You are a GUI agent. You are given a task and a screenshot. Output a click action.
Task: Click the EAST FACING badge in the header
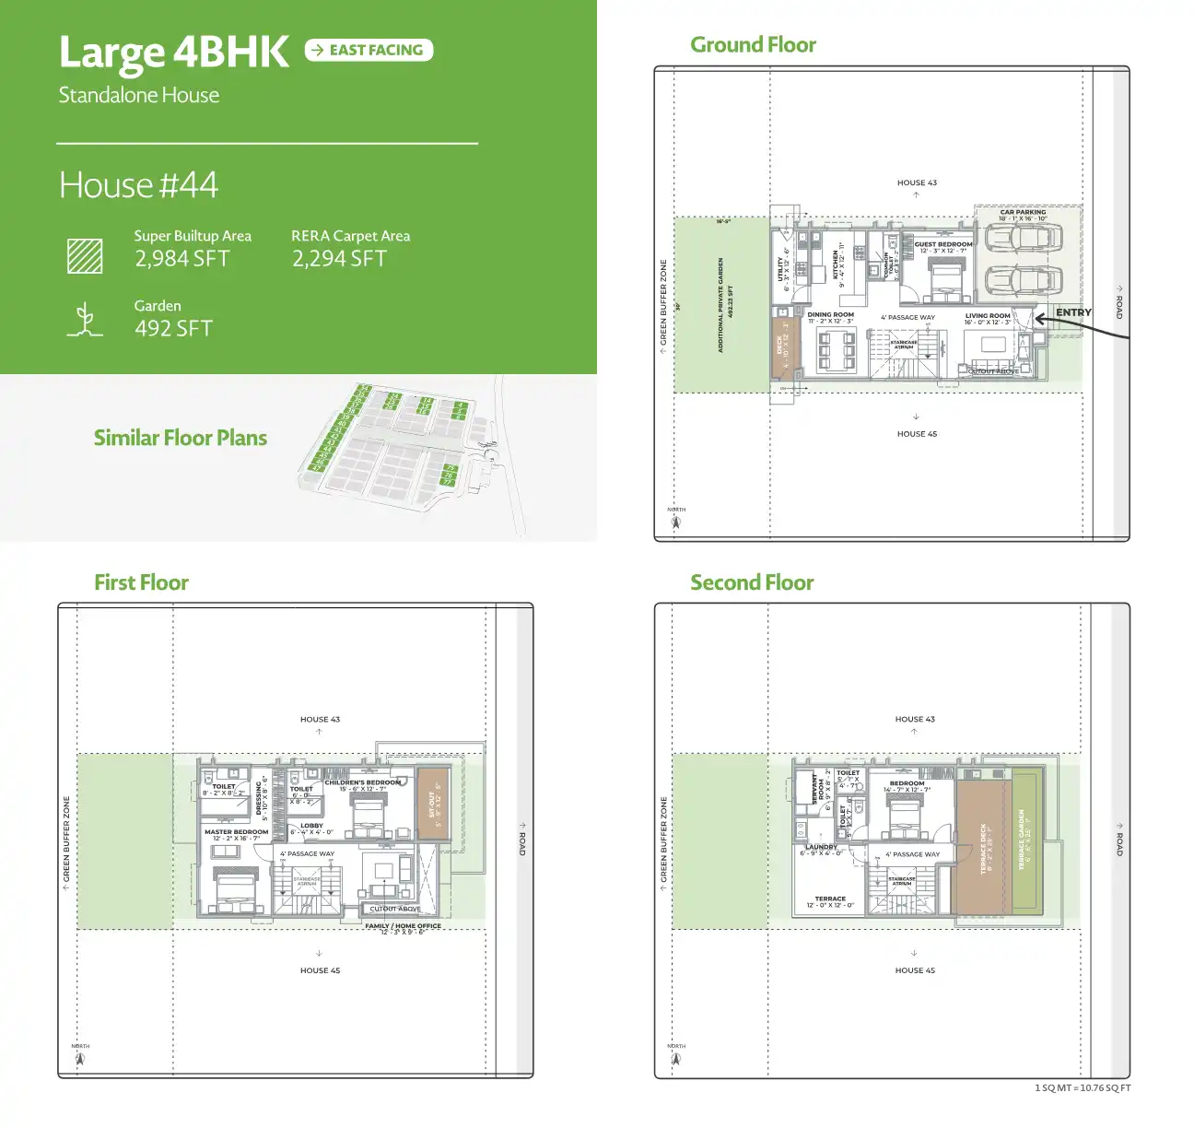click(369, 50)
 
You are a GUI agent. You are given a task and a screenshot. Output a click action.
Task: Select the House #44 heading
click(138, 185)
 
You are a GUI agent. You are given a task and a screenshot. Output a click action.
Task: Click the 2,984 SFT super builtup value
click(182, 259)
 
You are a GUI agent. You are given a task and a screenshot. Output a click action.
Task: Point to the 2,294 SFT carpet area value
click(339, 259)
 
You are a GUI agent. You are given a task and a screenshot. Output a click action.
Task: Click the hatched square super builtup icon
click(85, 255)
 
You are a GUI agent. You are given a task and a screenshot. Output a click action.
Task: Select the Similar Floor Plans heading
click(181, 438)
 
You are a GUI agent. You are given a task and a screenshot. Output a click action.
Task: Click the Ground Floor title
click(753, 45)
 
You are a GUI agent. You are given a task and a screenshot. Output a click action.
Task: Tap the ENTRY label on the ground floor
click(1073, 312)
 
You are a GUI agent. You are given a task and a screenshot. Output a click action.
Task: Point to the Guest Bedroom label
click(943, 244)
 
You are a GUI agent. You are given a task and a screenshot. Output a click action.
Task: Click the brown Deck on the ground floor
click(785, 345)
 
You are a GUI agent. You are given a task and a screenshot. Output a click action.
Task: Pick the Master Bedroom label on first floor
click(237, 832)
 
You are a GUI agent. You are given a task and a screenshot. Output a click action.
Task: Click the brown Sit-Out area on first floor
click(433, 804)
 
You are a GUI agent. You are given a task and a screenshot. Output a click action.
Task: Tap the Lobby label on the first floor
click(311, 826)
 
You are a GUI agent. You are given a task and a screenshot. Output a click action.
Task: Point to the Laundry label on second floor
click(821, 847)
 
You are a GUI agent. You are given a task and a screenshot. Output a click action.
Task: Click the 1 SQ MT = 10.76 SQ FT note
click(1082, 1088)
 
